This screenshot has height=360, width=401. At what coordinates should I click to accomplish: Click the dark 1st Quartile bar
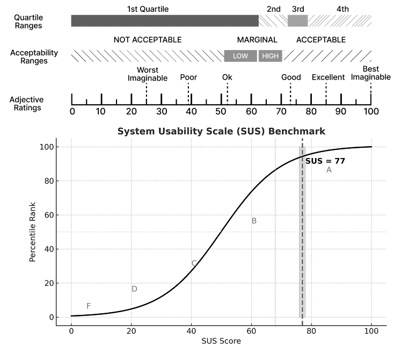165,21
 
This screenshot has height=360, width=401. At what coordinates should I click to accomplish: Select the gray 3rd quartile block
297,21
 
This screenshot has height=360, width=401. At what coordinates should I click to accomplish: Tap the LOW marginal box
240,56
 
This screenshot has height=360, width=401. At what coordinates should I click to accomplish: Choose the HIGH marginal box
270,56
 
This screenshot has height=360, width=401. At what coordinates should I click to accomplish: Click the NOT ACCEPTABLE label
148,40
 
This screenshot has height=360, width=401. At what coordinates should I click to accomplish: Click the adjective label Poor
188,77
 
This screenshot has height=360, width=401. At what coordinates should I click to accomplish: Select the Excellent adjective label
328,77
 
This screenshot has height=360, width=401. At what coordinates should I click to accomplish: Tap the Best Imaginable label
370,74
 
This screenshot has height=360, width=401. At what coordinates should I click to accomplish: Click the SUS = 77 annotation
325,161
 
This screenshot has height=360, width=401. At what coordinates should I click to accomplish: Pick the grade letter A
329,170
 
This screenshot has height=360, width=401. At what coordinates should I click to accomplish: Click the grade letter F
89,306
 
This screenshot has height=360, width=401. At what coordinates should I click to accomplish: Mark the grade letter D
134,289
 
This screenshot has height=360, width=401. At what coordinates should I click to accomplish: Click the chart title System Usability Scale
221,131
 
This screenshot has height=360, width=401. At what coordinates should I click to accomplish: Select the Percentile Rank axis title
33,232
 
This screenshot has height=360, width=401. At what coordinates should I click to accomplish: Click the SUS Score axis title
221,341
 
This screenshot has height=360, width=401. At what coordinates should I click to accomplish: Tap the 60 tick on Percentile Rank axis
48,215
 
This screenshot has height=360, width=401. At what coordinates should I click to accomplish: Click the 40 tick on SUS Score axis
191,329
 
